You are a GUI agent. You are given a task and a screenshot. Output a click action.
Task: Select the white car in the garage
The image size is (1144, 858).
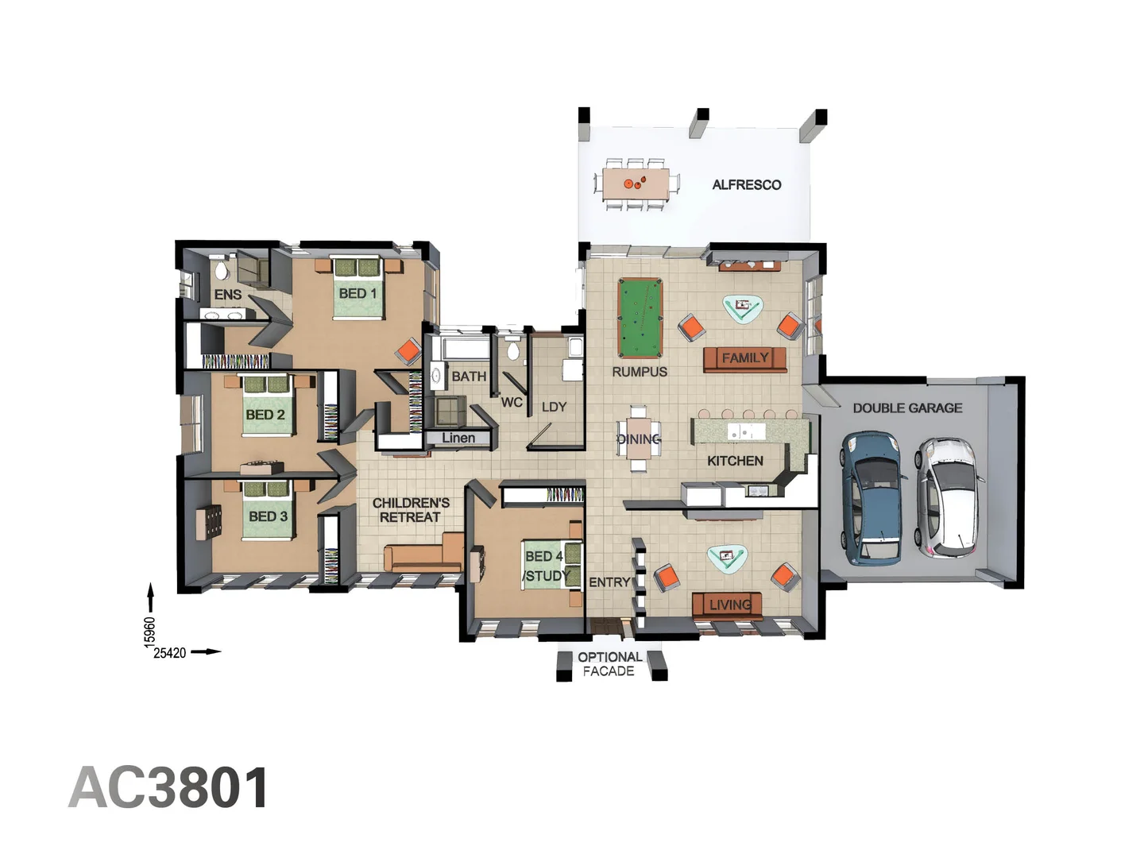tap(948, 497)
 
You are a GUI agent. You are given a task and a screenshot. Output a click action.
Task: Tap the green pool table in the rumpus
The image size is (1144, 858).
tap(640, 318)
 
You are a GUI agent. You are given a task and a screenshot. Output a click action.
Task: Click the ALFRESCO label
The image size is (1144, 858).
tap(746, 184)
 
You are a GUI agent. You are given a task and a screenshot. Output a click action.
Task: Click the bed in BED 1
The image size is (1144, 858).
tap(357, 288)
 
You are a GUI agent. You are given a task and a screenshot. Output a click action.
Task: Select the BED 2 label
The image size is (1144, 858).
tap(265, 415)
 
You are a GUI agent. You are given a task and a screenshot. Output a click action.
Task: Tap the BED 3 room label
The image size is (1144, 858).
tap(268, 516)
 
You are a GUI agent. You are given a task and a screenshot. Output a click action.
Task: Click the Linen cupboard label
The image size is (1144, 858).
tap(458, 438)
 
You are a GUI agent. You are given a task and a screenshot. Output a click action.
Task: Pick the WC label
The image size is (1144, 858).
tap(512, 402)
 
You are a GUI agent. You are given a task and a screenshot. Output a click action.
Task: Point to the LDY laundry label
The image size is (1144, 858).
tap(554, 407)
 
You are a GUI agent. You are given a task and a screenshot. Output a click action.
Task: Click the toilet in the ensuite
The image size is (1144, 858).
tap(221, 270)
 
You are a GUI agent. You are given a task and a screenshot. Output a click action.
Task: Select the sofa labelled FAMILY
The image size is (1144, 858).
tap(744, 359)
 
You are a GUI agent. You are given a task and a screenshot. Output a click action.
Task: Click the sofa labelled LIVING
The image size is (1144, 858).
tap(727, 605)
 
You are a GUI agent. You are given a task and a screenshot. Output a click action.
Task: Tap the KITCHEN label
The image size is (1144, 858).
tap(735, 461)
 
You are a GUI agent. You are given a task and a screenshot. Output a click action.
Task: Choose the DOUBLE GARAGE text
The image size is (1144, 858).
tap(907, 408)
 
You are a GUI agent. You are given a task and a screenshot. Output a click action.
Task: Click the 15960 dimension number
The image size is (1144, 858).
tap(149, 632)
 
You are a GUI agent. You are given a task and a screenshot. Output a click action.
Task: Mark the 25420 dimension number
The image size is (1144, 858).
tap(169, 653)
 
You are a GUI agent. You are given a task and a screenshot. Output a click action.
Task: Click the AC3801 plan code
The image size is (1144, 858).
tap(169, 788)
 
